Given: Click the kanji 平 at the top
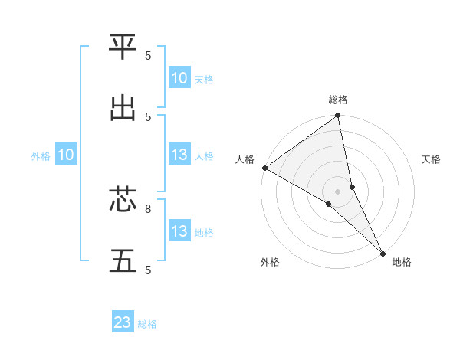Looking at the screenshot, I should (123, 48).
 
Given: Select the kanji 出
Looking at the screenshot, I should (123, 108).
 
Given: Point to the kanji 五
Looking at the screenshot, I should (123, 261).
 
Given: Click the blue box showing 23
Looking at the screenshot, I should (123, 322).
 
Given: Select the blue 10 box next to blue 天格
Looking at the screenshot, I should (179, 78).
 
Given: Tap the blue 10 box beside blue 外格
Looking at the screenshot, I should (65, 155).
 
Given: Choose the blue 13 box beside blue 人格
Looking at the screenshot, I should (179, 155).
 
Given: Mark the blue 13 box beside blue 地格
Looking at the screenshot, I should (179, 231).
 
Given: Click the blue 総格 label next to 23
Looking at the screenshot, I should (147, 324).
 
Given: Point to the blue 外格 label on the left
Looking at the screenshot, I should (41, 156).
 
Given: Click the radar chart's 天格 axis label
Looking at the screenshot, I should (431, 159).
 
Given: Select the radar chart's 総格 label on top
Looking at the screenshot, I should (338, 100).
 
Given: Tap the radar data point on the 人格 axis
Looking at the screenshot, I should (264, 168).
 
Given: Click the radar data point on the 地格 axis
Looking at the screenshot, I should (383, 253).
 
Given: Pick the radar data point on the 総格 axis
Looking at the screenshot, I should (338, 116).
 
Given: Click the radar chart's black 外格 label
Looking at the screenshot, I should (270, 262).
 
